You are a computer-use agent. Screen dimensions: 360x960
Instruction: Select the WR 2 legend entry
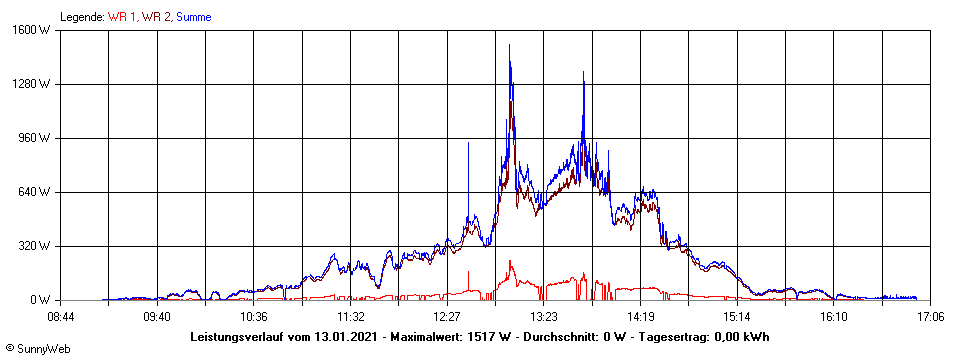(x=156, y=17)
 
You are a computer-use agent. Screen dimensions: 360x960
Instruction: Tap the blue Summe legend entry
(x=194, y=17)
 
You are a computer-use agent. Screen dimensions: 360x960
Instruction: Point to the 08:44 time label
(x=61, y=317)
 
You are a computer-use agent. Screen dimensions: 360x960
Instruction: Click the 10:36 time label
(x=254, y=317)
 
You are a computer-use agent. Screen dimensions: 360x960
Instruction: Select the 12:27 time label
(x=447, y=317)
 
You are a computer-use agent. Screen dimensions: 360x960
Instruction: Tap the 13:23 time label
(x=544, y=317)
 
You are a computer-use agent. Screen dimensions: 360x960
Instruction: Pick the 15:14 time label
(x=737, y=317)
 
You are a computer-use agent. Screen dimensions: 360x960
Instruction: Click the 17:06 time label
(x=931, y=317)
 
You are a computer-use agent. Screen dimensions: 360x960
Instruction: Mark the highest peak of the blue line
(x=509, y=45)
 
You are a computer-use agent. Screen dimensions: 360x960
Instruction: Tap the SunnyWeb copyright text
(x=33, y=349)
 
